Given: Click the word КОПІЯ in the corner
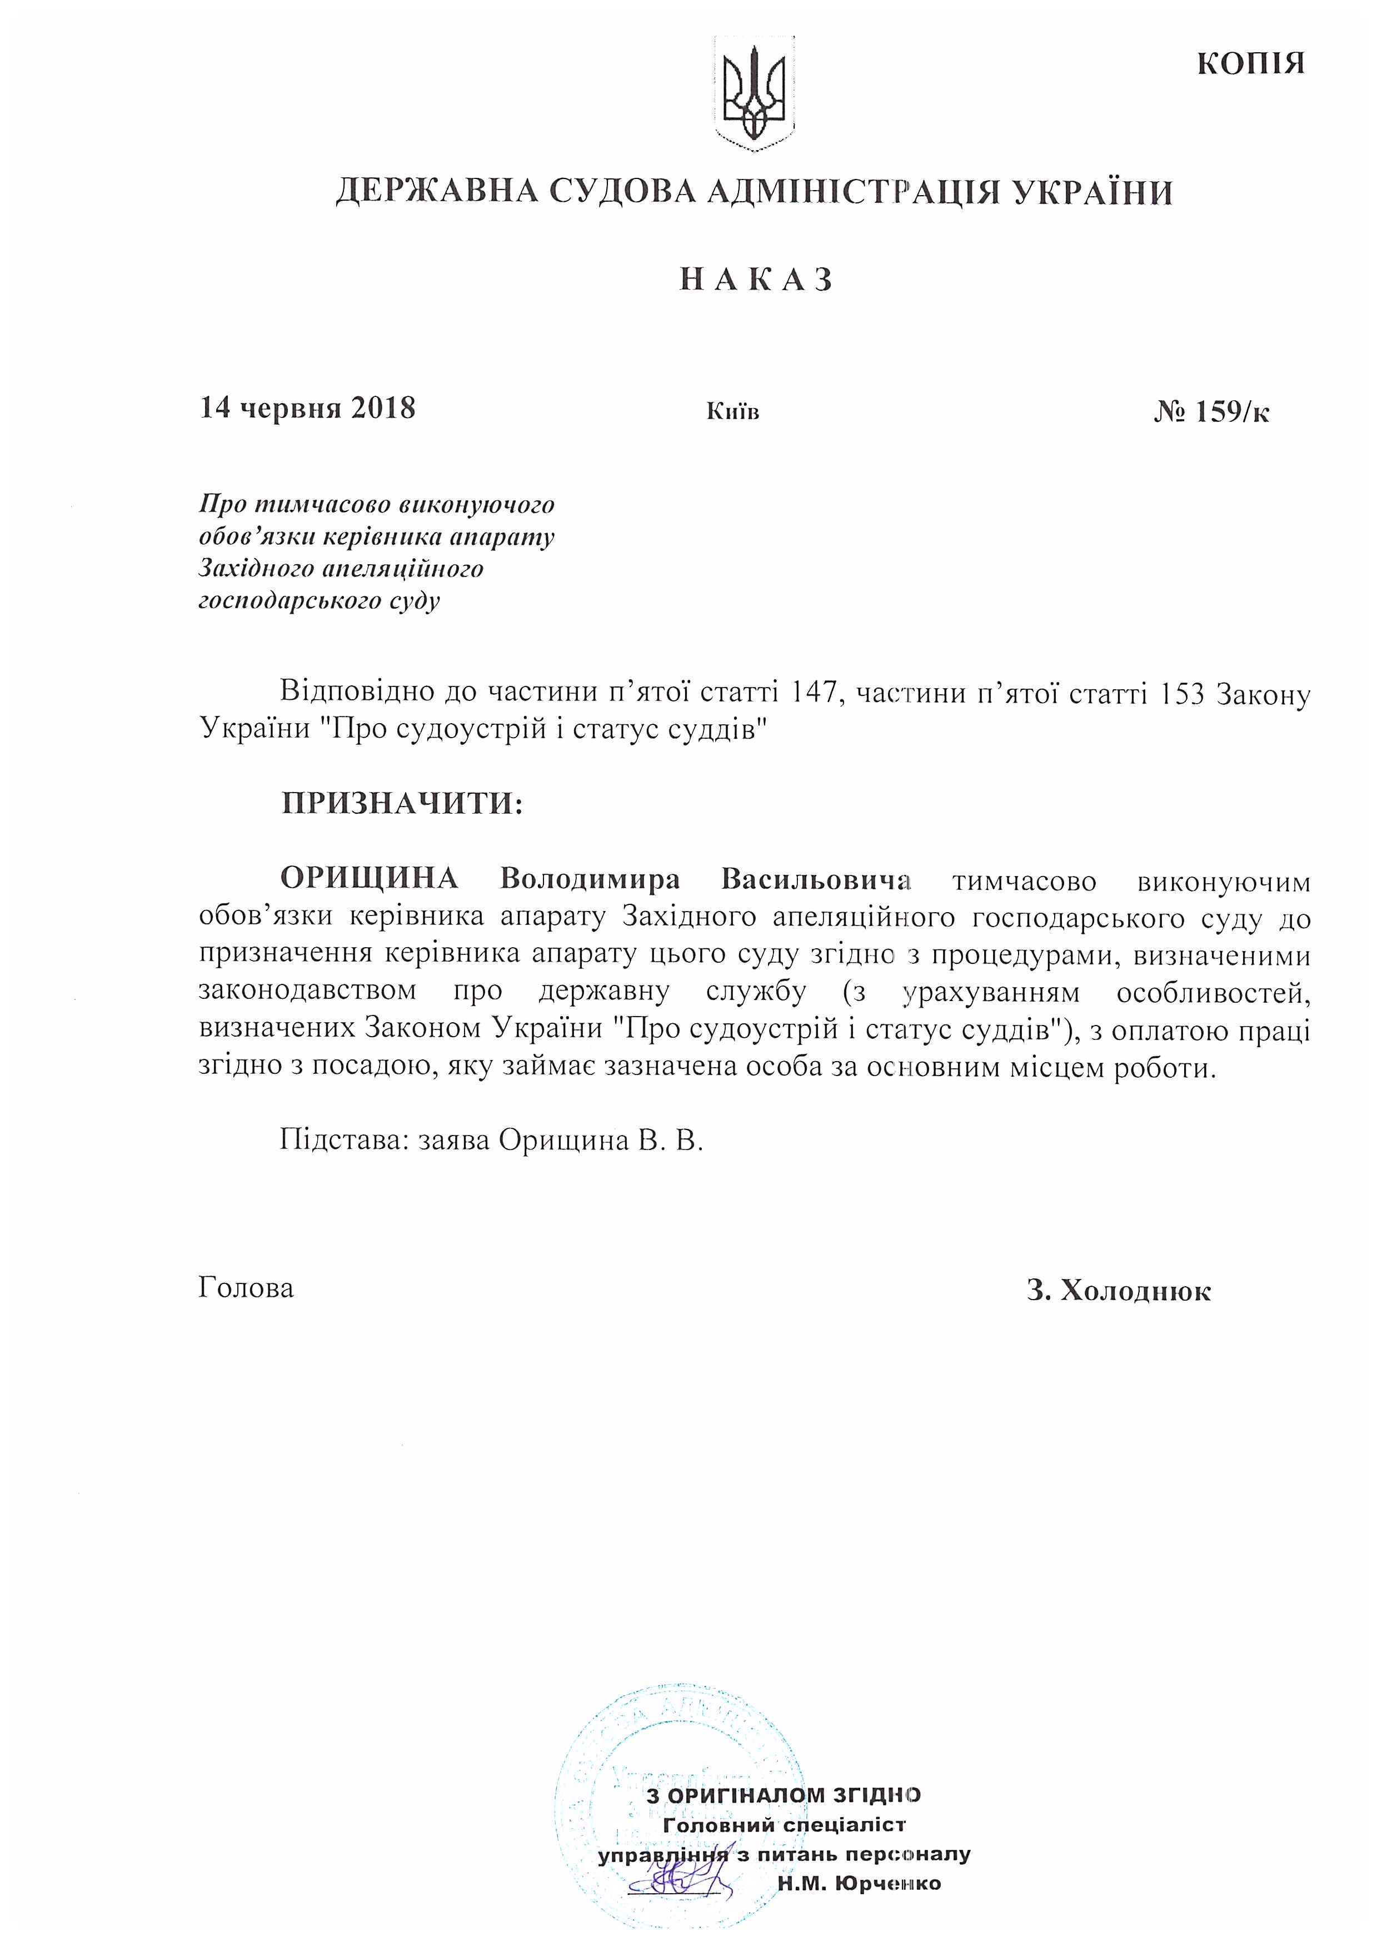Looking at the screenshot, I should (x=1251, y=63).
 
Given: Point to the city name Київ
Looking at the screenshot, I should (x=732, y=412).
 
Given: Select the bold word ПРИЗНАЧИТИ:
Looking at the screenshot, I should (x=402, y=802).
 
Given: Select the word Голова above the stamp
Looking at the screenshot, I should (x=246, y=1287).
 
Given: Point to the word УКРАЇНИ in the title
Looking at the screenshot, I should (x=1093, y=192).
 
